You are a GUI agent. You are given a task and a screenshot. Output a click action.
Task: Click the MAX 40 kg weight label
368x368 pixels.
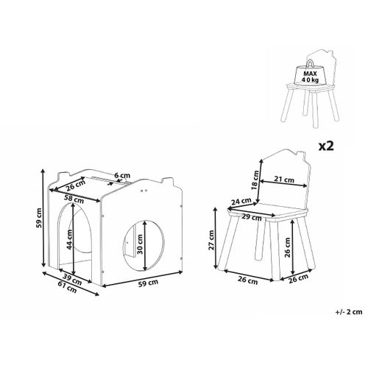coord(311,77)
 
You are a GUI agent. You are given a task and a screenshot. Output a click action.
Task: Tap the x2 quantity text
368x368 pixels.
coord(326,146)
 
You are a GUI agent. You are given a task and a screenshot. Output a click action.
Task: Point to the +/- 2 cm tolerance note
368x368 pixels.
coord(349,312)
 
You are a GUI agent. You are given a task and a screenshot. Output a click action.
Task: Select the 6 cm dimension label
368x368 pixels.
coord(122,176)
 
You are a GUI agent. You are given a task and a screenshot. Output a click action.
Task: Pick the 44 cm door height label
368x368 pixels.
coord(70,240)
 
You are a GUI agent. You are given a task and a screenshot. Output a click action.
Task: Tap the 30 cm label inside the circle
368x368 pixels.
coord(140,244)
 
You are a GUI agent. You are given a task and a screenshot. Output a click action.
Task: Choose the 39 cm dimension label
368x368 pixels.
coord(72,280)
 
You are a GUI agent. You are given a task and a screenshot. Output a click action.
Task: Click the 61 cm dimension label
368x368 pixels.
coord(67,287)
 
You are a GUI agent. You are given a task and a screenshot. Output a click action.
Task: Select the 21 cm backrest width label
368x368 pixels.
coord(284,180)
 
